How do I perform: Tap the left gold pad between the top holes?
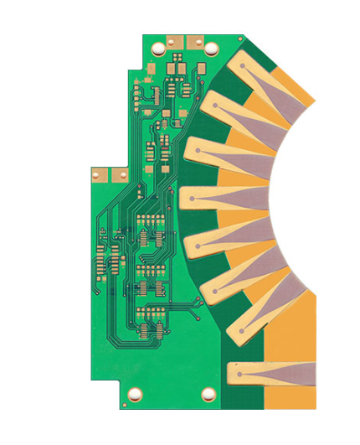(174, 39)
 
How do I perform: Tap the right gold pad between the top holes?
(195, 39)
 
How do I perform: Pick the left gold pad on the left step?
(99, 174)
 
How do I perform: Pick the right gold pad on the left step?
(118, 174)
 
